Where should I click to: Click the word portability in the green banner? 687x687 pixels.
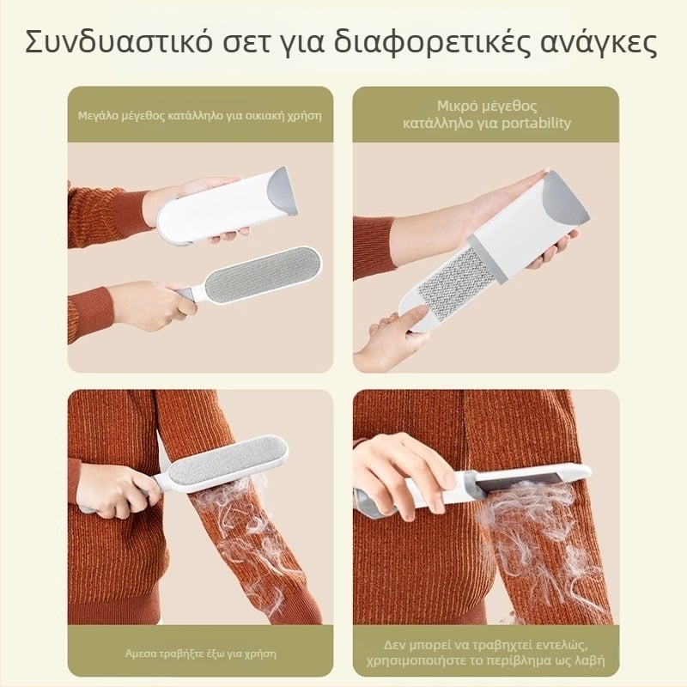(x=538, y=123)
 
